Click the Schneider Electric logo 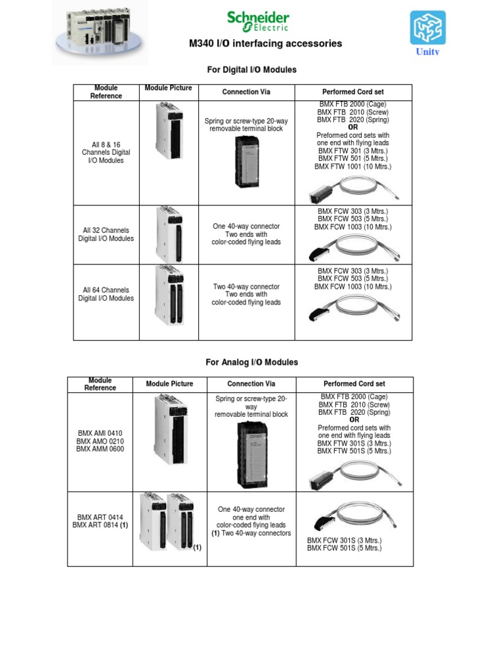pyautogui.click(x=258, y=21)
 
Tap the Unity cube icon pyautogui.click(x=428, y=28)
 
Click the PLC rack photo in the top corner pyautogui.click(x=100, y=31)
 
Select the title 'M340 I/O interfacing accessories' pyautogui.click(x=265, y=44)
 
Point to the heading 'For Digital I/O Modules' pyautogui.click(x=251, y=70)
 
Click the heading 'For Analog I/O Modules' pyautogui.click(x=251, y=362)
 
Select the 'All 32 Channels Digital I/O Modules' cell pyautogui.click(x=106, y=234)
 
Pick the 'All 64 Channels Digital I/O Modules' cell pyautogui.click(x=106, y=294)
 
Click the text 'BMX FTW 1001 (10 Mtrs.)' pyautogui.click(x=352, y=167)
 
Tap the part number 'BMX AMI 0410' pyautogui.click(x=100, y=433)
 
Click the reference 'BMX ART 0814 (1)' pyautogui.click(x=100, y=525)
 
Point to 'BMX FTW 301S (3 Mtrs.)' pyautogui.click(x=354, y=443)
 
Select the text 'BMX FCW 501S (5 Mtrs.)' pyautogui.click(x=344, y=548)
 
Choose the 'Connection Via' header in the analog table pyautogui.click(x=251, y=384)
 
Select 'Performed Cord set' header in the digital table pyautogui.click(x=353, y=92)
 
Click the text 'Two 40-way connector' pyautogui.click(x=246, y=287)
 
